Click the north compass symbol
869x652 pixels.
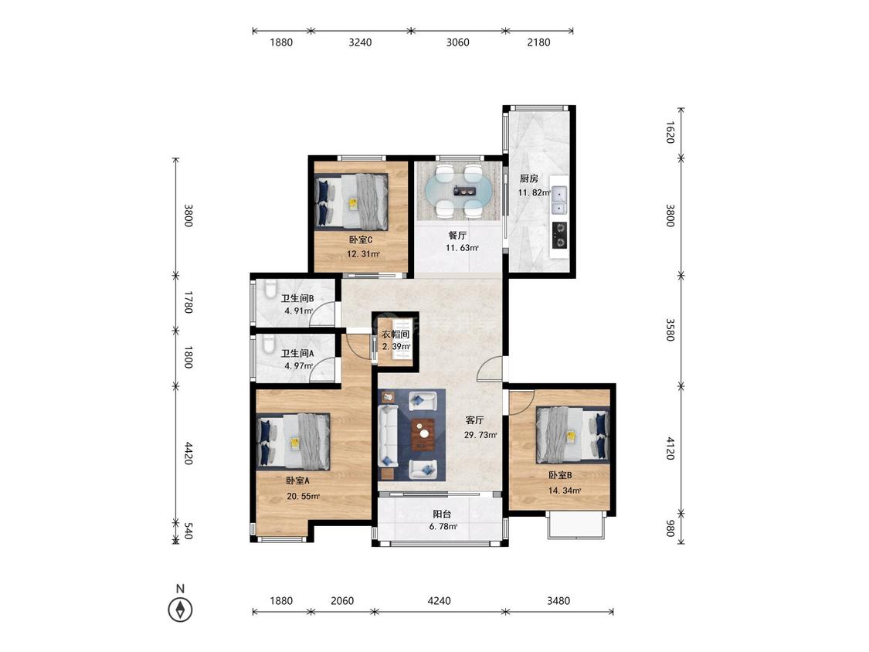[180, 610]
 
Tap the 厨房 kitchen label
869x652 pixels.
[528, 178]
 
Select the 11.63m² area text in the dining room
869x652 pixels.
[462, 248]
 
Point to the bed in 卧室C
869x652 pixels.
[351, 202]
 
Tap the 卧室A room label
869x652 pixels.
[297, 481]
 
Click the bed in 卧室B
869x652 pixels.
[572, 435]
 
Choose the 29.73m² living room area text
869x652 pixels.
[480, 435]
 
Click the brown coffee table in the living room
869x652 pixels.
[423, 435]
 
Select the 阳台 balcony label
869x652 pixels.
[443, 514]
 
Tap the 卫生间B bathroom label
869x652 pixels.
[297, 298]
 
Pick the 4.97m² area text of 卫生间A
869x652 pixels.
[299, 366]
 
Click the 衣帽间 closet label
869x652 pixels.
[395, 334]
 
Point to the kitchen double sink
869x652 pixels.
[559, 201]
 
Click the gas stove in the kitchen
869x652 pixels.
[560, 235]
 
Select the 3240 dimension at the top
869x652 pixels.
[360, 42]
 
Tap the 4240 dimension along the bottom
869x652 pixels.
[440, 600]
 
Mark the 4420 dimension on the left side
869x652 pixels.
[188, 453]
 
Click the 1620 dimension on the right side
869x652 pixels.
[670, 133]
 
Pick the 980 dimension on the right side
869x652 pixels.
[670, 528]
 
